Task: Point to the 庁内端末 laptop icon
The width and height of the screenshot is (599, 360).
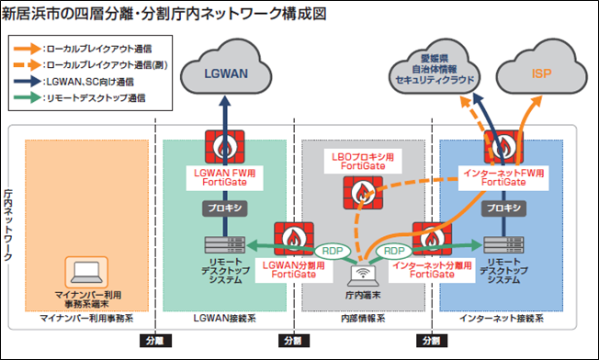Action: pyautogui.click(x=364, y=272)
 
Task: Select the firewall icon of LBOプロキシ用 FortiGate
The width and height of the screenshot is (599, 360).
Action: pyautogui.click(x=364, y=191)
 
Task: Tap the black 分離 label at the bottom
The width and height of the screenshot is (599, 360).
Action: pyautogui.click(x=152, y=340)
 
